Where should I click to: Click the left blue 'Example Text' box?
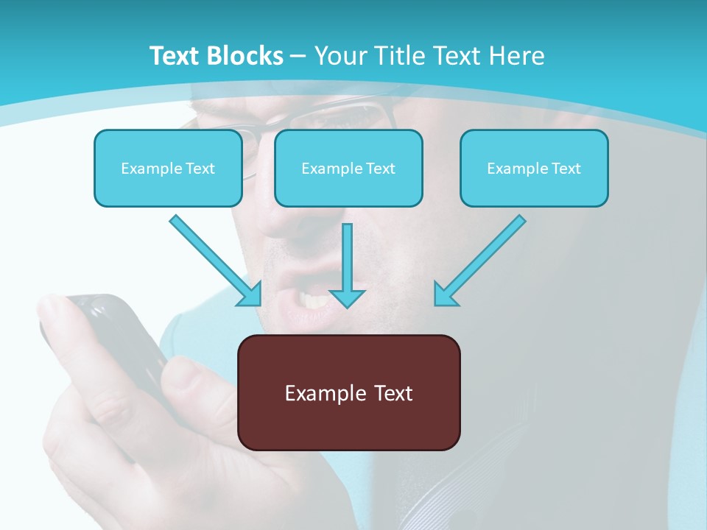(168, 168)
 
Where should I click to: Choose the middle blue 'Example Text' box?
(348, 168)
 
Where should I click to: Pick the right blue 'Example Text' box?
(534, 168)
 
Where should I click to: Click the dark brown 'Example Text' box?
(349, 392)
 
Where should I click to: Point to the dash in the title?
(298, 57)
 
